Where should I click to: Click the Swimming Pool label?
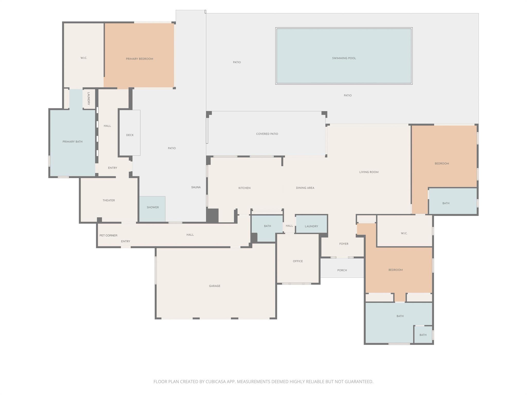point(344,58)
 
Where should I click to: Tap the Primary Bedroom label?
point(139,59)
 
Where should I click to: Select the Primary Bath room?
point(72,142)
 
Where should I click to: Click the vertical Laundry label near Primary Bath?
point(89,98)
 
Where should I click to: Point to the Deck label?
point(130,135)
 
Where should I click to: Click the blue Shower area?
point(153,207)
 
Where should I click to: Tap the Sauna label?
point(196,187)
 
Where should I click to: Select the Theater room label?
point(109,200)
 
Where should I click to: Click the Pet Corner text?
point(108,235)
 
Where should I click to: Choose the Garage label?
point(215,286)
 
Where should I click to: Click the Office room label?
point(298,261)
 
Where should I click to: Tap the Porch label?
point(342,270)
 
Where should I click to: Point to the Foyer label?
point(344,244)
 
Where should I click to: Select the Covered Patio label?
point(267,134)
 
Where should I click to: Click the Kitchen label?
point(244,188)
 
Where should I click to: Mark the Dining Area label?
point(305,188)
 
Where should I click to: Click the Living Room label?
point(369,172)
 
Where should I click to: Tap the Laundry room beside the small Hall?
point(311,226)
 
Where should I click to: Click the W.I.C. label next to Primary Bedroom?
point(84,58)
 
